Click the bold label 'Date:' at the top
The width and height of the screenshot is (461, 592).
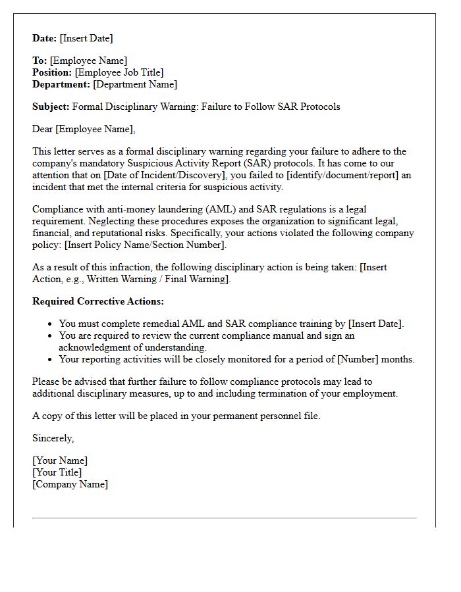click(x=45, y=38)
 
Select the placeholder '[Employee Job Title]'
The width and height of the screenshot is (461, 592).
click(x=119, y=72)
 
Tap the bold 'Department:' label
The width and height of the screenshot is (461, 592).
click(x=61, y=84)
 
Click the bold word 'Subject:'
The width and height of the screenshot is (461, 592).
click(x=51, y=106)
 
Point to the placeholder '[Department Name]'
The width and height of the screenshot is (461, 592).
click(x=135, y=84)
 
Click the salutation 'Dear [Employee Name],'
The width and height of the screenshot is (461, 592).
click(x=84, y=129)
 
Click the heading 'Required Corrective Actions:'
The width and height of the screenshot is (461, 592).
click(x=98, y=301)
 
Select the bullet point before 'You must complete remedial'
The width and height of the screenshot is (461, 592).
click(x=51, y=324)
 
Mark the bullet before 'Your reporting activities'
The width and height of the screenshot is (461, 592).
click(x=51, y=360)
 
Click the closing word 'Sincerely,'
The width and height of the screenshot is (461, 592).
click(x=53, y=438)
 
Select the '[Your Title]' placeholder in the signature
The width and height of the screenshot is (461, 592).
click(x=57, y=472)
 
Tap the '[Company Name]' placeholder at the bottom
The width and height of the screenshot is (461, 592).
click(x=70, y=484)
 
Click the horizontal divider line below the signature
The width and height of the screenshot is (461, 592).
click(x=224, y=518)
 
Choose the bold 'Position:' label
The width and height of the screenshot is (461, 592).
click(x=52, y=72)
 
